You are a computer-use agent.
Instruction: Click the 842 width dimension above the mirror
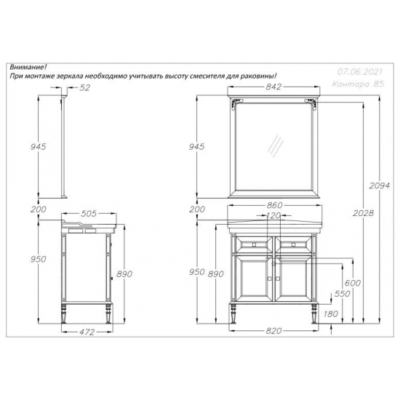(273, 87)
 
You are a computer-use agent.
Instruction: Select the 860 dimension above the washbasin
(274, 205)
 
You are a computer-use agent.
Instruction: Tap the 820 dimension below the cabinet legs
(273, 331)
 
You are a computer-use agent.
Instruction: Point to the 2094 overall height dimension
(380, 185)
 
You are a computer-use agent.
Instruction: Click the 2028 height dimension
(363, 213)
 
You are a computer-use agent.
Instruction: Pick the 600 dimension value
(353, 283)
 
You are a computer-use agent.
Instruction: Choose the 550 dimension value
(342, 294)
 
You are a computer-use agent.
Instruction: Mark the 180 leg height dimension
(331, 314)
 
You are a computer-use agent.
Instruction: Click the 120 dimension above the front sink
(273, 216)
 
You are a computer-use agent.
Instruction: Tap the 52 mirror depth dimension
(85, 88)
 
